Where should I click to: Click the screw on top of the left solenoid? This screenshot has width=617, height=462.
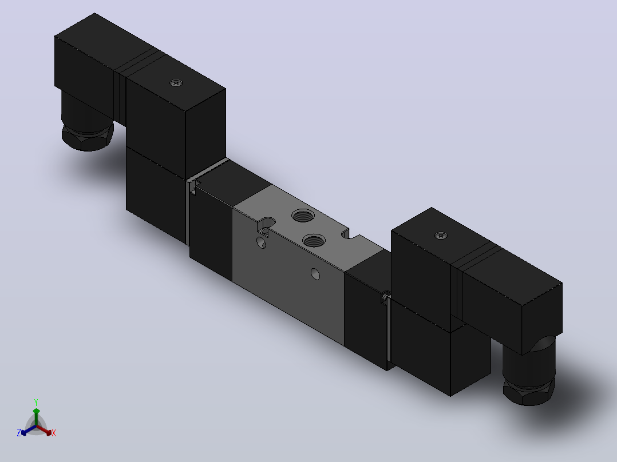[176, 82]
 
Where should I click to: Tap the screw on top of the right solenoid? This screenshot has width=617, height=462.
[441, 236]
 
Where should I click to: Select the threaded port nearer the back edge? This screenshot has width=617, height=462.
[303, 216]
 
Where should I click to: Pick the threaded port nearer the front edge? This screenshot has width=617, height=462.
[314, 241]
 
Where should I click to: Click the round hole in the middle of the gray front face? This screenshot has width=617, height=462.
[315, 274]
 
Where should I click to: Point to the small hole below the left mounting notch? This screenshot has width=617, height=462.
[261, 242]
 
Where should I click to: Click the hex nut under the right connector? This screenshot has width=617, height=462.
[529, 391]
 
